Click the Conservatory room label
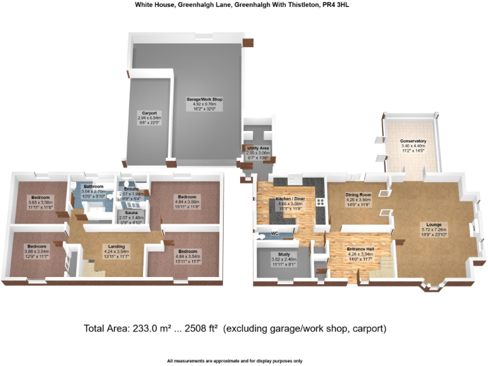(x=412, y=141)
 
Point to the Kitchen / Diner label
(x=289, y=199)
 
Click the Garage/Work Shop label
(x=203, y=100)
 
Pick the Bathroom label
(x=93, y=186)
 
